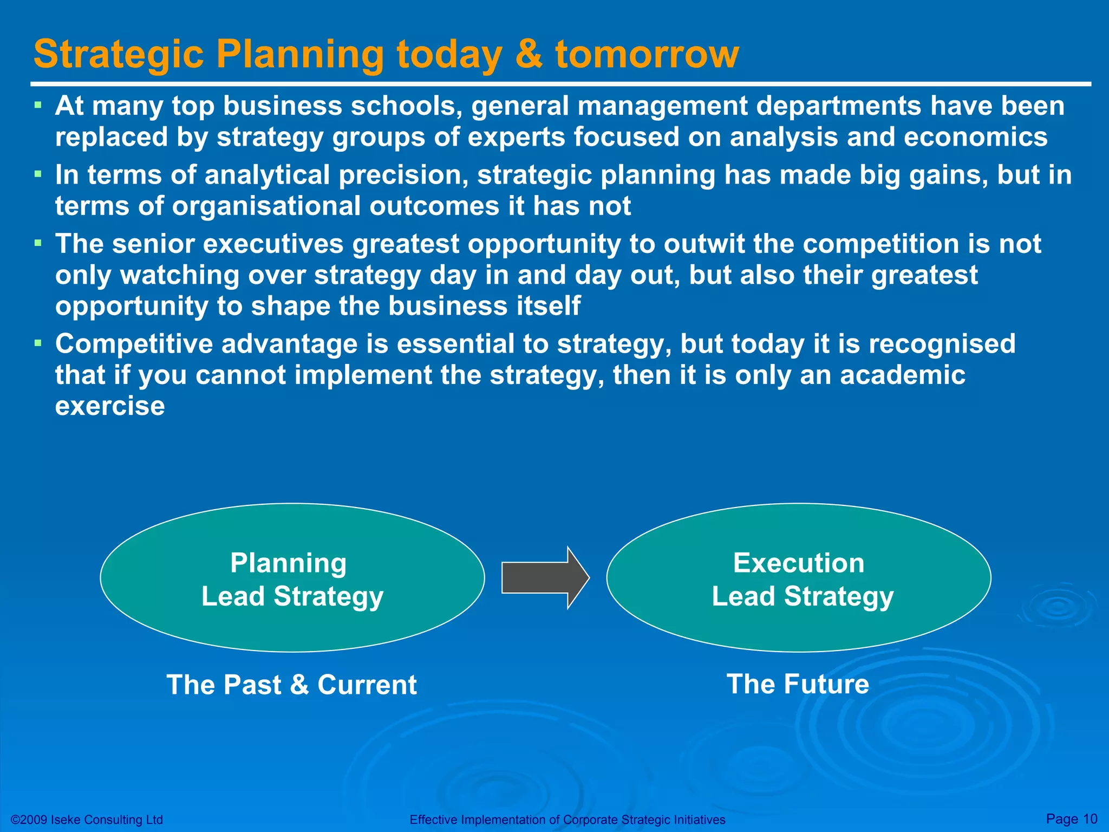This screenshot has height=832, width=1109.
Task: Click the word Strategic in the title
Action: tap(119, 54)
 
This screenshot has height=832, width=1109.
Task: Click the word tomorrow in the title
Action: tap(647, 54)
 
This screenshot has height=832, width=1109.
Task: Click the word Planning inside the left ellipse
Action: tap(288, 563)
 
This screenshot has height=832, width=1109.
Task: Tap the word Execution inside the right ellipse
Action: tap(799, 563)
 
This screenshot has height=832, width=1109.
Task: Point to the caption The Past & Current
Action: tap(291, 685)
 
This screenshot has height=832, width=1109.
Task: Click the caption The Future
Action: tap(798, 684)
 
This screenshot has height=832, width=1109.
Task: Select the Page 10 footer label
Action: tap(1071, 818)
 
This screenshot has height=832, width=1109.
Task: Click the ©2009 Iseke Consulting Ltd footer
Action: tap(87, 820)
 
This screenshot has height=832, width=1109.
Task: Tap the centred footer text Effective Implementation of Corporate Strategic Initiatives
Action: tap(567, 820)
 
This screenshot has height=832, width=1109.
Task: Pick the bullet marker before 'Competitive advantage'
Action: tap(37, 343)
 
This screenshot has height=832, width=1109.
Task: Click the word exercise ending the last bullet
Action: tap(110, 406)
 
